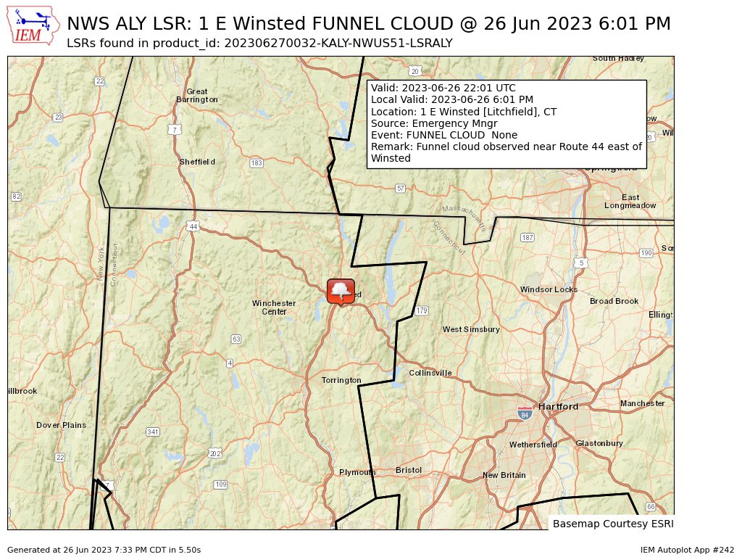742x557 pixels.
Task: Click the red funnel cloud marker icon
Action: [x=341, y=291]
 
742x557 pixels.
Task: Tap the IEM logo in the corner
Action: [x=33, y=25]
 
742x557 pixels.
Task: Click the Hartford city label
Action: [x=558, y=407]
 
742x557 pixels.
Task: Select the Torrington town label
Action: [x=341, y=380]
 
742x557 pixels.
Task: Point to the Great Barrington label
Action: [x=196, y=96]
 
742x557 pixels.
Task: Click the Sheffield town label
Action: [x=197, y=162]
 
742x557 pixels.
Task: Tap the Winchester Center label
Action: [x=274, y=307]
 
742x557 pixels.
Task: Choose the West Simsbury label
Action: [x=471, y=329]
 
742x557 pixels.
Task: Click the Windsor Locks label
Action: [x=549, y=289]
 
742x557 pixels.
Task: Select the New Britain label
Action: [x=504, y=475]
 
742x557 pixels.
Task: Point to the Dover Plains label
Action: [x=61, y=425]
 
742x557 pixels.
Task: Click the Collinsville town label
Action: [x=430, y=373]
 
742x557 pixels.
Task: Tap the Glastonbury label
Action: [x=599, y=443]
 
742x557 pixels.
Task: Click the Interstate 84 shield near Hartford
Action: [x=525, y=413]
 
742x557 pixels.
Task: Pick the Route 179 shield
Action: [x=422, y=310]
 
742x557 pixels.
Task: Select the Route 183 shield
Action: [x=256, y=163]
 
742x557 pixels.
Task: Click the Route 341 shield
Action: [x=152, y=432]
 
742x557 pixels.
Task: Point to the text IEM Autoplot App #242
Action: [x=687, y=550]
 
